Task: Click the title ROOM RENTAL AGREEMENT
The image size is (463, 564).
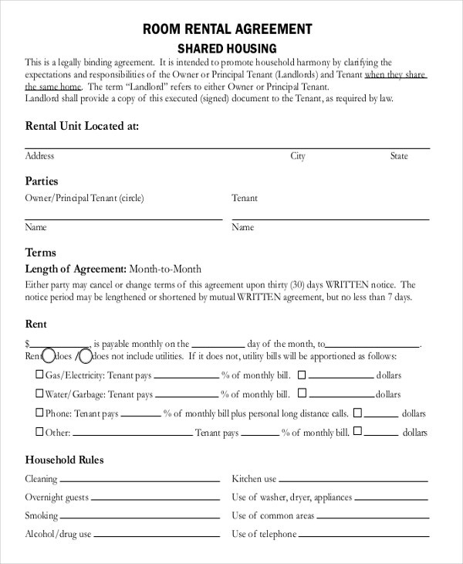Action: click(x=228, y=29)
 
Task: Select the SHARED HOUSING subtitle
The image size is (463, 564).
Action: click(x=228, y=48)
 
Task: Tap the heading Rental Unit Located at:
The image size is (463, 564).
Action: click(x=82, y=125)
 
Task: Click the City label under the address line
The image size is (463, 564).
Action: click(x=298, y=156)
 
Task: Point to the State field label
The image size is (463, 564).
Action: click(x=398, y=156)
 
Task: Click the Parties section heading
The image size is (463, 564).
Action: click(x=42, y=182)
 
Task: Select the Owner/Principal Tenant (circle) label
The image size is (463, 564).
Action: click(x=84, y=199)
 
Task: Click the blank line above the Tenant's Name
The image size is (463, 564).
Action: click(x=330, y=219)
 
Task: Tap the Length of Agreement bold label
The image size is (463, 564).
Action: click(x=76, y=269)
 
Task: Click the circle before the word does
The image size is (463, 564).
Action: click(x=49, y=356)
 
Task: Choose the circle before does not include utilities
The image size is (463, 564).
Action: click(x=85, y=356)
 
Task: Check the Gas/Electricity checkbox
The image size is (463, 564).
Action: click(x=39, y=375)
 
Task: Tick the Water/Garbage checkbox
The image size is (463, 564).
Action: click(x=39, y=394)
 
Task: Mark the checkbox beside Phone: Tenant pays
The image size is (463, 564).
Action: click(x=39, y=413)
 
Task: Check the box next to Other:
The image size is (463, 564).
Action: click(x=39, y=433)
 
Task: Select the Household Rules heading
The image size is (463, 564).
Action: click(x=64, y=460)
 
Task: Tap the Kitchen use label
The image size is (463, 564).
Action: click(x=254, y=479)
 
